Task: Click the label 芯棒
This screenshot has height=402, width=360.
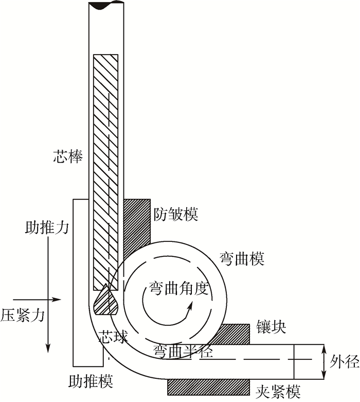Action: (x=68, y=156)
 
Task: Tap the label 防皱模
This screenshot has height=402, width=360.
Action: (x=176, y=214)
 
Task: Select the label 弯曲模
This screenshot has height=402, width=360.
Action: (x=242, y=259)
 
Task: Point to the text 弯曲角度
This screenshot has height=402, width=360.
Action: (x=178, y=288)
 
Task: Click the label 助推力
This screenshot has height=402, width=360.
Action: (x=47, y=227)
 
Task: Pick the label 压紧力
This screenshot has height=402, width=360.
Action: (x=23, y=315)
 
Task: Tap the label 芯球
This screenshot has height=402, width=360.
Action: (x=113, y=337)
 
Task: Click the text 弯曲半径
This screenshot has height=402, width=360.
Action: (x=183, y=351)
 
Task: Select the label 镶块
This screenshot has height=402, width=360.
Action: (x=271, y=327)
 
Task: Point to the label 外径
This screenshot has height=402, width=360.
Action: (x=344, y=362)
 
